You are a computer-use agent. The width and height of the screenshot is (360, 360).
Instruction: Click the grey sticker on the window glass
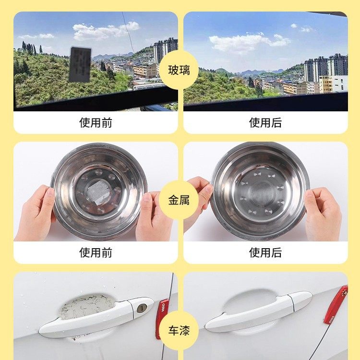(80, 64)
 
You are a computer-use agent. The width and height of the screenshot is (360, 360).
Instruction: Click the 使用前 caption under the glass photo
(96, 122)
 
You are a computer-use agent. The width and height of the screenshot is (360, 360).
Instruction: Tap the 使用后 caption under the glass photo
(265, 122)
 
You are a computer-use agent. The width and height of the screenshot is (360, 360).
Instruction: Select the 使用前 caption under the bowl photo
(96, 252)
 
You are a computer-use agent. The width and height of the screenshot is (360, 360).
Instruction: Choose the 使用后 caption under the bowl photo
(265, 252)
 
